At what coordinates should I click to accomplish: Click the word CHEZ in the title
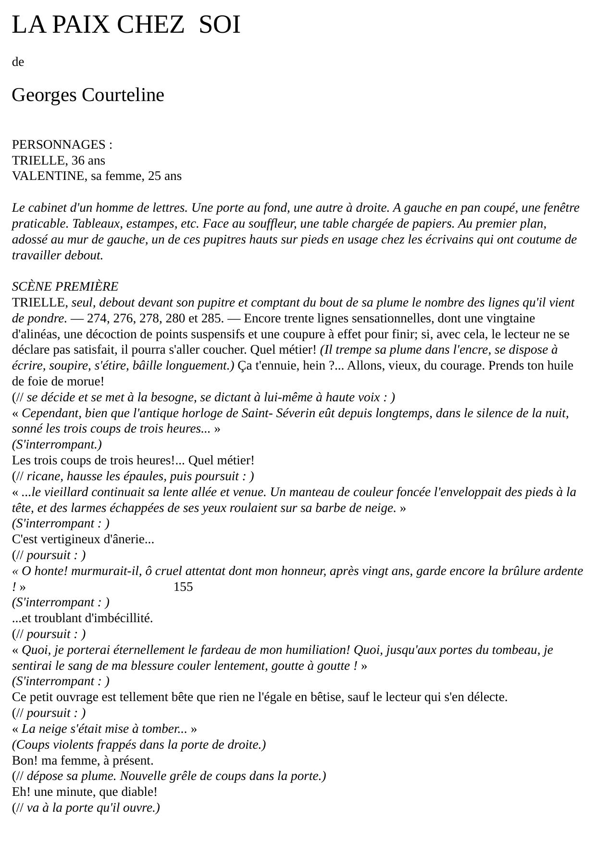point(150,25)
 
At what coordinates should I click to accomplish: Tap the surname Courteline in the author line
point(123,95)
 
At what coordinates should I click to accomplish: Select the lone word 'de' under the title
point(18,62)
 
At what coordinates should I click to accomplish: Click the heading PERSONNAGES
point(59,145)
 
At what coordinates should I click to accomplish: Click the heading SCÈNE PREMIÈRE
point(65,287)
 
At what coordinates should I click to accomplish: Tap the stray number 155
point(183,587)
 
